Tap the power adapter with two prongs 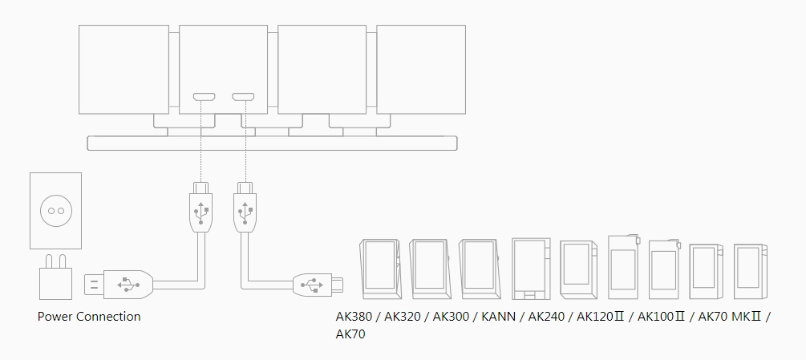(55, 284)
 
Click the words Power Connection (89, 317)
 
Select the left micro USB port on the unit (203, 98)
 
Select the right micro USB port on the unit (242, 98)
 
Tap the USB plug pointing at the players (318, 283)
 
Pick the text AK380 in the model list (355, 317)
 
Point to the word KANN (498, 317)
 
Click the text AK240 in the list (545, 317)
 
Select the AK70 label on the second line (350, 334)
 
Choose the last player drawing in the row (751, 269)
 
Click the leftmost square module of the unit (124, 68)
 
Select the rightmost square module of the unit (421, 68)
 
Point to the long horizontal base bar (272, 144)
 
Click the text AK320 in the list (403, 317)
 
